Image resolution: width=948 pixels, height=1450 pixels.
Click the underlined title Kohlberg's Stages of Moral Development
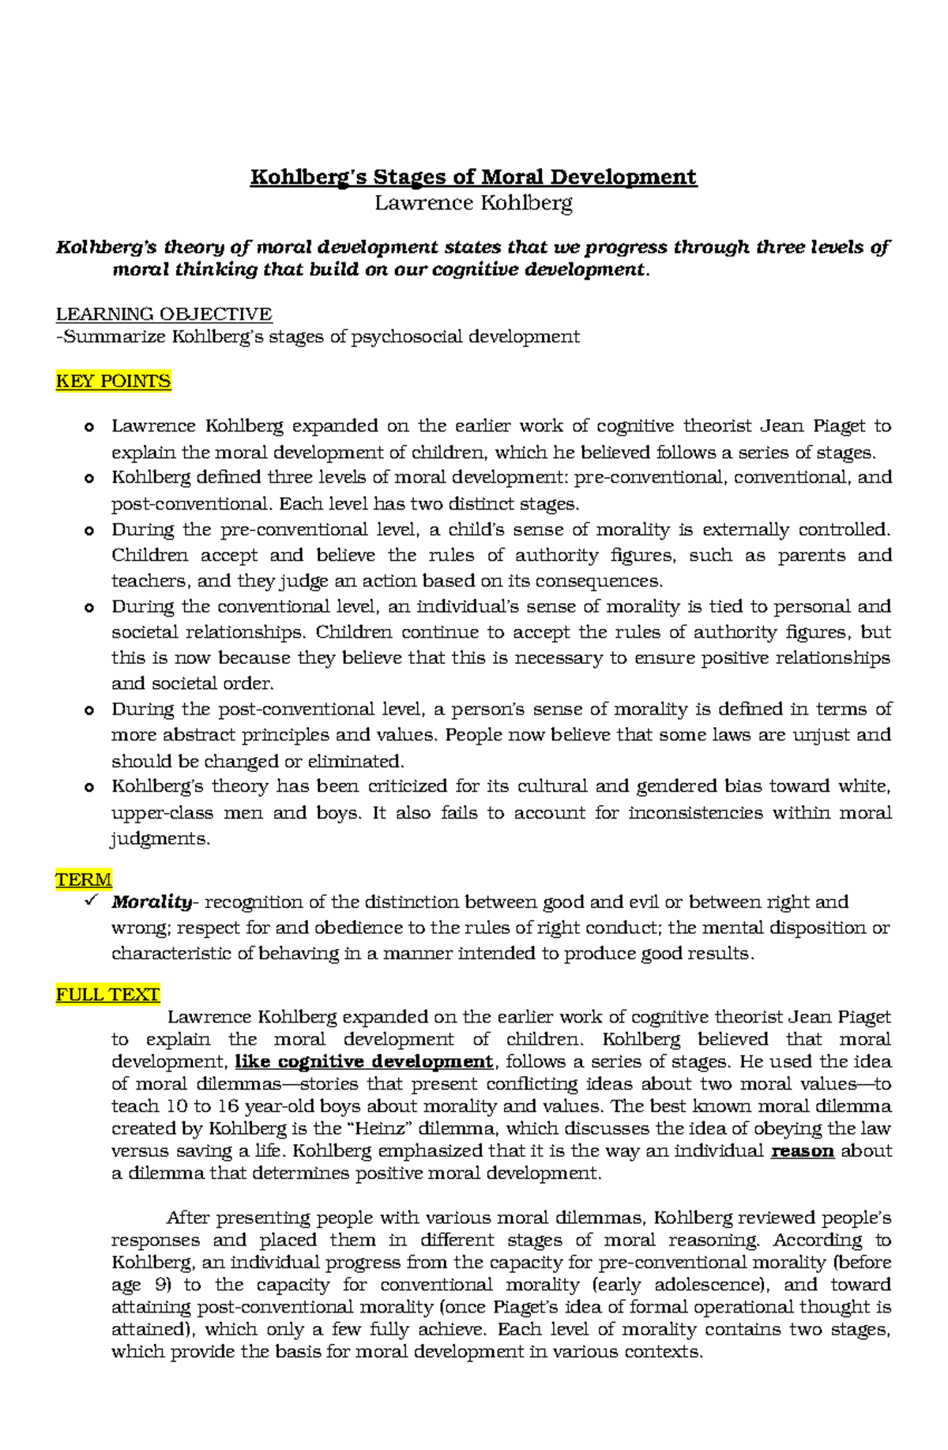tap(473, 177)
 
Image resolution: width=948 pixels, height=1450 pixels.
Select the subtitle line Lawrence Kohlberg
tap(473, 203)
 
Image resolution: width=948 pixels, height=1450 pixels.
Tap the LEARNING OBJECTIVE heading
tap(164, 314)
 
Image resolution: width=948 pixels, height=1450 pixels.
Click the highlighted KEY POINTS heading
tap(113, 382)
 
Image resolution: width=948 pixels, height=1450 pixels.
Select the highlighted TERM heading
tap(84, 879)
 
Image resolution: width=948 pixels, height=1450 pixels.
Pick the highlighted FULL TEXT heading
tap(107, 995)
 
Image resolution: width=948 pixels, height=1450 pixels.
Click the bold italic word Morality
tap(151, 902)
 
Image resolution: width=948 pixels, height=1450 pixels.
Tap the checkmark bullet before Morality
tap(88, 901)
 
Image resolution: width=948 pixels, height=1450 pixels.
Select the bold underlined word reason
tap(802, 1151)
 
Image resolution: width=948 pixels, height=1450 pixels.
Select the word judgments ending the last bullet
tap(160, 839)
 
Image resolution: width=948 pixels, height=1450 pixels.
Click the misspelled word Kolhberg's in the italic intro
tap(106, 247)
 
